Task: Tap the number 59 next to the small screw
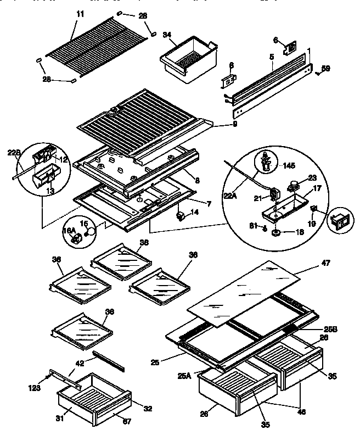(325, 69)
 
